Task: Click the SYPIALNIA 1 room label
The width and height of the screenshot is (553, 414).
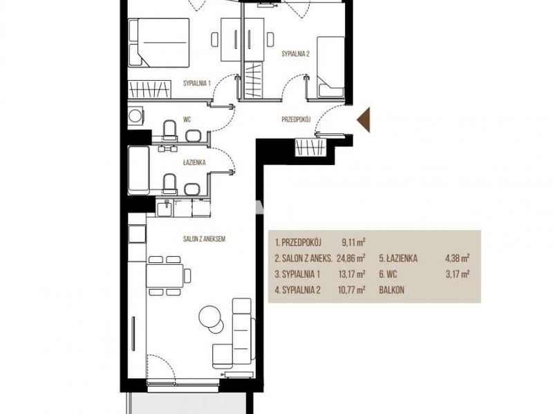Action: pos(197,83)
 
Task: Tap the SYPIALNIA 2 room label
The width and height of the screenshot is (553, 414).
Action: pos(296,54)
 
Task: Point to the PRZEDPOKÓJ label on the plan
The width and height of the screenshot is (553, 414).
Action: pos(296,119)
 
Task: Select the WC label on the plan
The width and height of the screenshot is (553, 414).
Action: pos(187,119)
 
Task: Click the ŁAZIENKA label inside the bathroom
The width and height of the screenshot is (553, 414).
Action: pos(194,163)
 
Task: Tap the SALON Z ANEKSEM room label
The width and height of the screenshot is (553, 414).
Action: pos(204,239)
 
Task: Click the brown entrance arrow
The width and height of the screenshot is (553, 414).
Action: pos(364,119)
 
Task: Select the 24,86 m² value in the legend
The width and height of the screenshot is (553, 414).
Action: pos(351,258)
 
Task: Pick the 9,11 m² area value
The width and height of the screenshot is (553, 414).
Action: pos(353,242)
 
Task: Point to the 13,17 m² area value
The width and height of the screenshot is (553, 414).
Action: pos(352,274)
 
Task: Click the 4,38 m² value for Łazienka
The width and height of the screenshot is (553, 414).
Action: pos(458,258)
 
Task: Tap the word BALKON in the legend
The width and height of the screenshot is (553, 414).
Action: pos(391,290)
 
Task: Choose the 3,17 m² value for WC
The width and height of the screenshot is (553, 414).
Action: pos(458,274)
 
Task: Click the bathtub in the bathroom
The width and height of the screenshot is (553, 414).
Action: pos(139,170)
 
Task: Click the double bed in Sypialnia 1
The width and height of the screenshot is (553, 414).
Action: pos(159,43)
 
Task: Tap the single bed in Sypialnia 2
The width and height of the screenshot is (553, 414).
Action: pos(330,66)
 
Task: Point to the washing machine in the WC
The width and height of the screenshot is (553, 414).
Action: pos(135,115)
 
